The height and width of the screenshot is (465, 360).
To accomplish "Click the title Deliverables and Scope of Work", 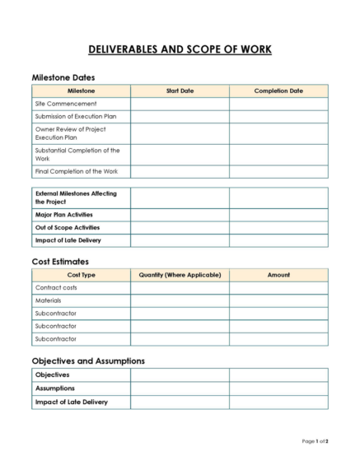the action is pyautogui.click(x=180, y=49).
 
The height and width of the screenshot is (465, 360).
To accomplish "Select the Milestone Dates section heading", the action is pyautogui.click(x=68, y=77).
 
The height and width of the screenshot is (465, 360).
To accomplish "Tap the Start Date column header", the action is pyautogui.click(x=180, y=91).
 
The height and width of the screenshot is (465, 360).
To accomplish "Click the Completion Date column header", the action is pyautogui.click(x=278, y=91).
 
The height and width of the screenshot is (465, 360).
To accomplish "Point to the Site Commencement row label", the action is pyautogui.click(x=65, y=104).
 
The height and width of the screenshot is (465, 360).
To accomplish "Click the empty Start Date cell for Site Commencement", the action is pyautogui.click(x=180, y=104).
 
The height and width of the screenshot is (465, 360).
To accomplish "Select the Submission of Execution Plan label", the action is pyautogui.click(x=76, y=117).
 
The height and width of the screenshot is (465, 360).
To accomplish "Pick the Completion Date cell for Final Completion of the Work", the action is pyautogui.click(x=278, y=171).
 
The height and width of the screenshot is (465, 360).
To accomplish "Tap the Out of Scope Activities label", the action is pyautogui.click(x=68, y=227).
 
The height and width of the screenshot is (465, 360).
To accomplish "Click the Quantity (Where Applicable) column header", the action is pyautogui.click(x=180, y=275).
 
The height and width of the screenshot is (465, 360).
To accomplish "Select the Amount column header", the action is pyautogui.click(x=278, y=275).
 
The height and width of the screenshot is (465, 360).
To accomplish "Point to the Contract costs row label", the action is pyautogui.click(x=56, y=288).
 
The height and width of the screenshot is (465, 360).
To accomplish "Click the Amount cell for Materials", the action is pyautogui.click(x=278, y=300).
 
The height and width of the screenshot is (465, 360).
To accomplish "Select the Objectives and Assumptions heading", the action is pyautogui.click(x=88, y=360).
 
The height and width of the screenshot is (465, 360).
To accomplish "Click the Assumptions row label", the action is pyautogui.click(x=54, y=388).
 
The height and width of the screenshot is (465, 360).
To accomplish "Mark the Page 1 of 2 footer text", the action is pyautogui.click(x=315, y=442).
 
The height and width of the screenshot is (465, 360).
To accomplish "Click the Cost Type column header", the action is pyautogui.click(x=81, y=275).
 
